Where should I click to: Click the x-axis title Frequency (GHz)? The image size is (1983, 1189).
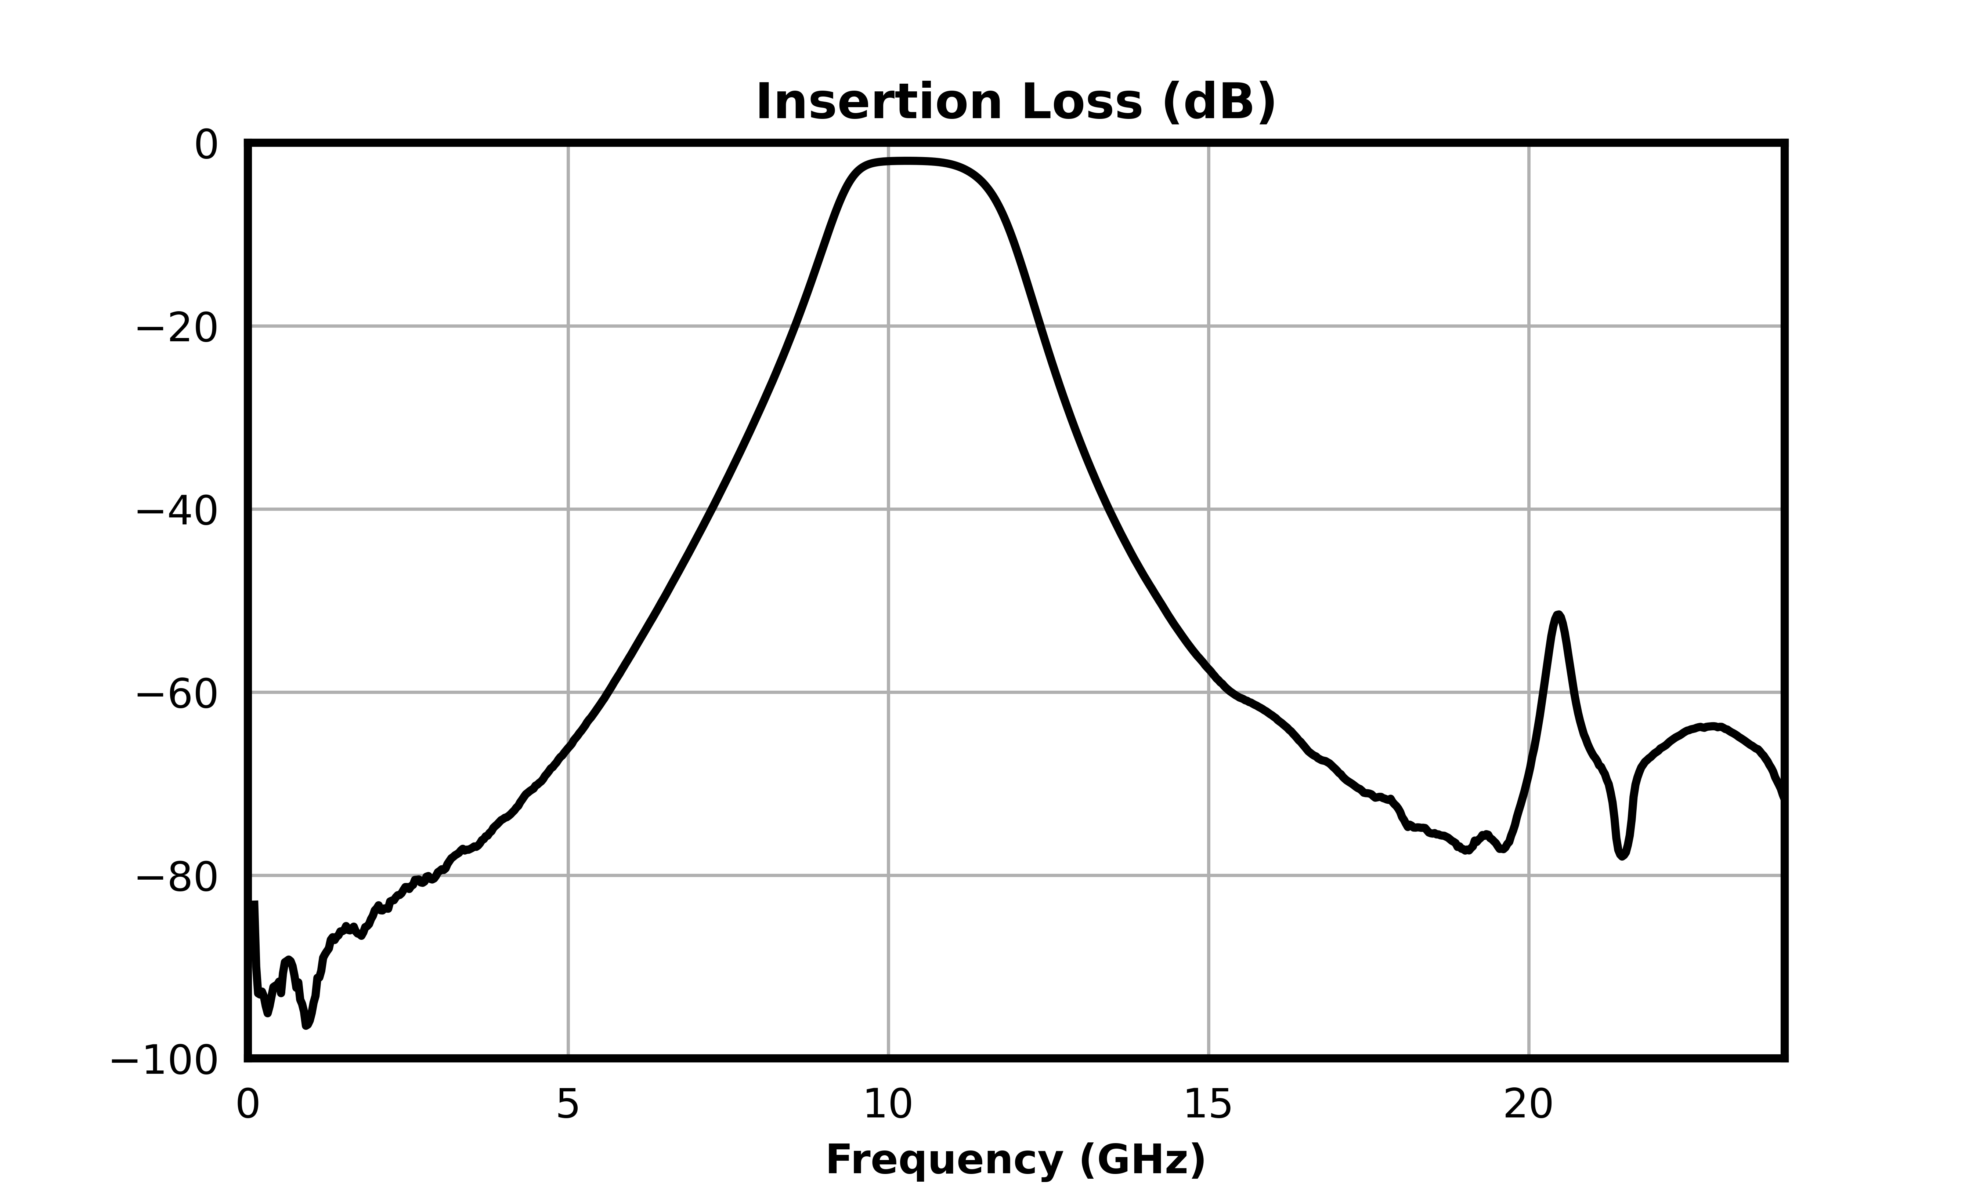pyautogui.click(x=1015, y=1160)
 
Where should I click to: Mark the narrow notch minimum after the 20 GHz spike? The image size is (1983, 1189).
pyautogui.click(x=1622, y=856)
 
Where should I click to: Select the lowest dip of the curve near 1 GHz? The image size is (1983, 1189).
pyautogui.click(x=306, y=1025)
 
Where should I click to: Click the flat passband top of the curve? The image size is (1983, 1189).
pyautogui.click(x=906, y=162)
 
